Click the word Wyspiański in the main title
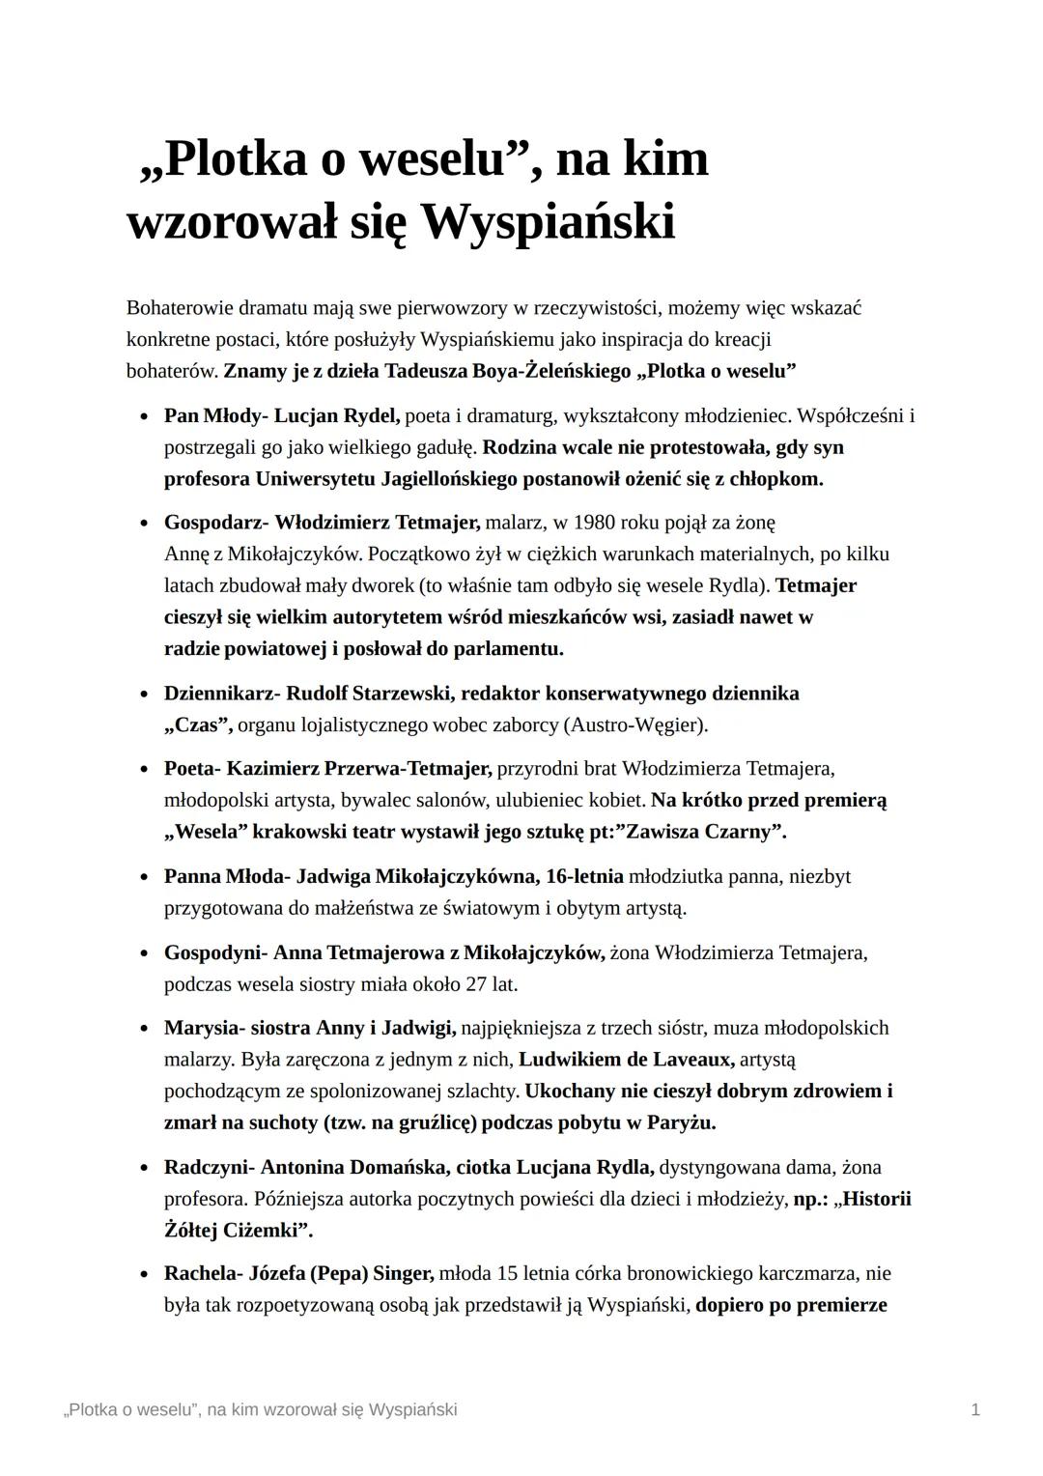pos(548,222)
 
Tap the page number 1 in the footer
pos(975,1409)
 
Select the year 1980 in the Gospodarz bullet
pos(594,523)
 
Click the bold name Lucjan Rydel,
pos(337,416)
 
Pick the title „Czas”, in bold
pos(198,724)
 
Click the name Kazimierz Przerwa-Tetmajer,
pos(359,769)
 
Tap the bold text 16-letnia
pos(584,876)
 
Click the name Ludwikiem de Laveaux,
pos(627,1060)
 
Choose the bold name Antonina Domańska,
pos(355,1167)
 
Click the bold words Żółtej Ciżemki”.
pos(238,1231)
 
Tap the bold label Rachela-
pos(204,1274)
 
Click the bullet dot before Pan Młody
pos(144,417)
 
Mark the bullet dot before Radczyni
pos(144,1168)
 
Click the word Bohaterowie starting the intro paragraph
pos(180,308)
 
